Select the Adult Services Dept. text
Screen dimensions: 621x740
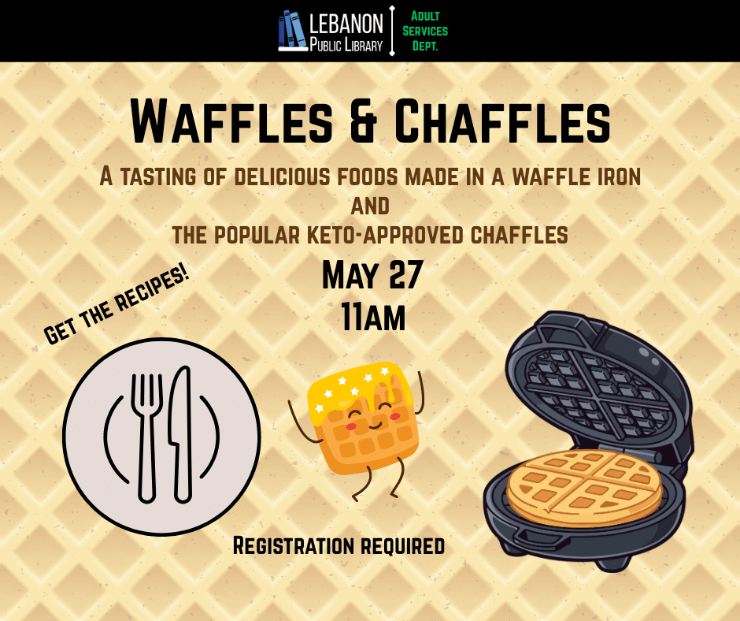[x=425, y=31]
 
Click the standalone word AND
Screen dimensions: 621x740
[x=370, y=206]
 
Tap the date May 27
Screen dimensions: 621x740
[x=372, y=276]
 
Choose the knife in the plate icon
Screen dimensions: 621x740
[x=181, y=433]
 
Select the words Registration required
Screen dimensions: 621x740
[x=339, y=545]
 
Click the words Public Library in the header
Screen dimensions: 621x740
[x=346, y=44]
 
